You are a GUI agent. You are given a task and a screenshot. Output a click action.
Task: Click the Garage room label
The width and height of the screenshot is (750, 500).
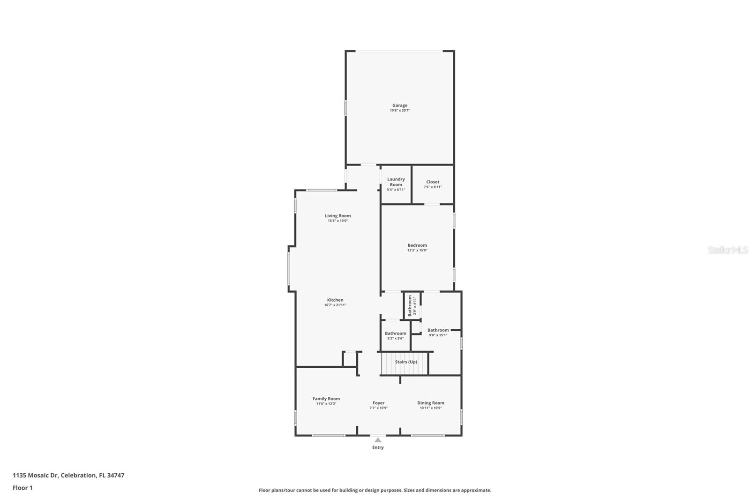pyautogui.click(x=400, y=106)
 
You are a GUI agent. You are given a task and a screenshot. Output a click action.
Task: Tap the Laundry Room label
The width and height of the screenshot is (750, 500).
pyautogui.click(x=396, y=182)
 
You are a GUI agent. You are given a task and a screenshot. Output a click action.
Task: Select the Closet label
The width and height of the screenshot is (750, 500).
pyautogui.click(x=433, y=182)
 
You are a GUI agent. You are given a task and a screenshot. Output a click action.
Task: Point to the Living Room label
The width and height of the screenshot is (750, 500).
pyautogui.click(x=337, y=216)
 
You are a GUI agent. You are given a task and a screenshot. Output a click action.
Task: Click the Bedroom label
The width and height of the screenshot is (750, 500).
pyautogui.click(x=417, y=245)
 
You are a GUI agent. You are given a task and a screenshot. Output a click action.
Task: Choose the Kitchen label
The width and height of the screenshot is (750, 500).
pyautogui.click(x=335, y=300)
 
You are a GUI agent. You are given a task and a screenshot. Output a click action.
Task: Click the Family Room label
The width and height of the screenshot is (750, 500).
pyautogui.click(x=326, y=399)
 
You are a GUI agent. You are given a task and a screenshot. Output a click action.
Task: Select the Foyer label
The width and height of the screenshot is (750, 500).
pyautogui.click(x=378, y=403)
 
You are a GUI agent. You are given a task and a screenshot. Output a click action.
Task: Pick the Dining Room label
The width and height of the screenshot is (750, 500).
pyautogui.click(x=431, y=403)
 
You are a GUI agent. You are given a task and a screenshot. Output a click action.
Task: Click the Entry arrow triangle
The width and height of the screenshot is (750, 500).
pyautogui.click(x=378, y=439)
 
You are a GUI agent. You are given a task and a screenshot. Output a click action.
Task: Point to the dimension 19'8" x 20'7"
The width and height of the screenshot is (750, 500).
pyautogui.click(x=400, y=111)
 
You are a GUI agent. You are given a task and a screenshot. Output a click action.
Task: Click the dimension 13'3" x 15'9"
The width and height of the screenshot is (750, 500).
pyautogui.click(x=417, y=250)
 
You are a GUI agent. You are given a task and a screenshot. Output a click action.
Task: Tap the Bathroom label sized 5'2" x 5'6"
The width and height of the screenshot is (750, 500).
pyautogui.click(x=396, y=333)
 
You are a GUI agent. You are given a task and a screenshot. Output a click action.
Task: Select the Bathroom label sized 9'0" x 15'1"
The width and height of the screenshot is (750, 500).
pyautogui.click(x=438, y=330)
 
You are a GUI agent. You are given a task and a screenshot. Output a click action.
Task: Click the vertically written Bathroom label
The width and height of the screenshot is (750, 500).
pyautogui.click(x=410, y=305)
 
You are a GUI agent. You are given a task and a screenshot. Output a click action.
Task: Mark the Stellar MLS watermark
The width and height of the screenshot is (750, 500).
pyautogui.click(x=728, y=250)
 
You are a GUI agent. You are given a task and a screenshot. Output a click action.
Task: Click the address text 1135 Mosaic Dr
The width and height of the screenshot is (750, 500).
pyautogui.click(x=35, y=475)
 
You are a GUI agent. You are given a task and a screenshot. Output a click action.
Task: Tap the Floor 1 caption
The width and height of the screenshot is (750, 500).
pyautogui.click(x=22, y=488)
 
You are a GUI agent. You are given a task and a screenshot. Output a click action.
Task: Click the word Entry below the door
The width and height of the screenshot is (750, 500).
pyautogui.click(x=378, y=447)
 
